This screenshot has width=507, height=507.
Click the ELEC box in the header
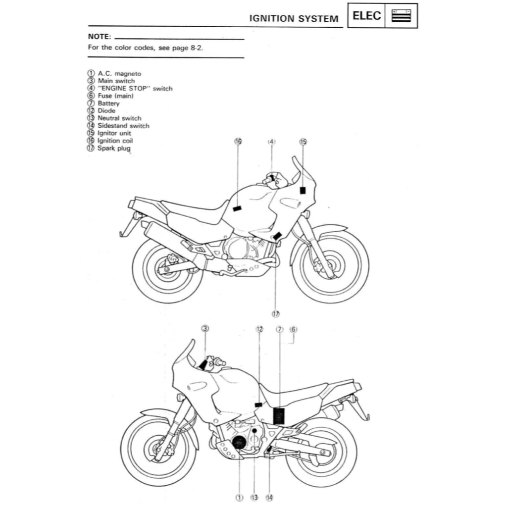click(x=367, y=15)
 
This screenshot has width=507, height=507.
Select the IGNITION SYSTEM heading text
click(x=294, y=19)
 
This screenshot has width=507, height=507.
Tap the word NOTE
click(x=99, y=37)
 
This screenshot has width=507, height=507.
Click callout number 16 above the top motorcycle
click(x=238, y=142)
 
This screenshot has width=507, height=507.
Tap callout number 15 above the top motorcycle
click(x=303, y=142)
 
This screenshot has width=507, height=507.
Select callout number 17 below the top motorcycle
click(x=275, y=313)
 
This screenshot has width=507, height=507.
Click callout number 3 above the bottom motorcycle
click(x=205, y=328)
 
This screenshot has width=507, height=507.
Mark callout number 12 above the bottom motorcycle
click(x=259, y=329)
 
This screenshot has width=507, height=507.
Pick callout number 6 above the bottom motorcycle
click(x=293, y=329)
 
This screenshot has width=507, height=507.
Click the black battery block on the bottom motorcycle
click(x=280, y=415)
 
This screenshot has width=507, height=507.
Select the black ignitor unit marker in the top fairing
click(x=303, y=190)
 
